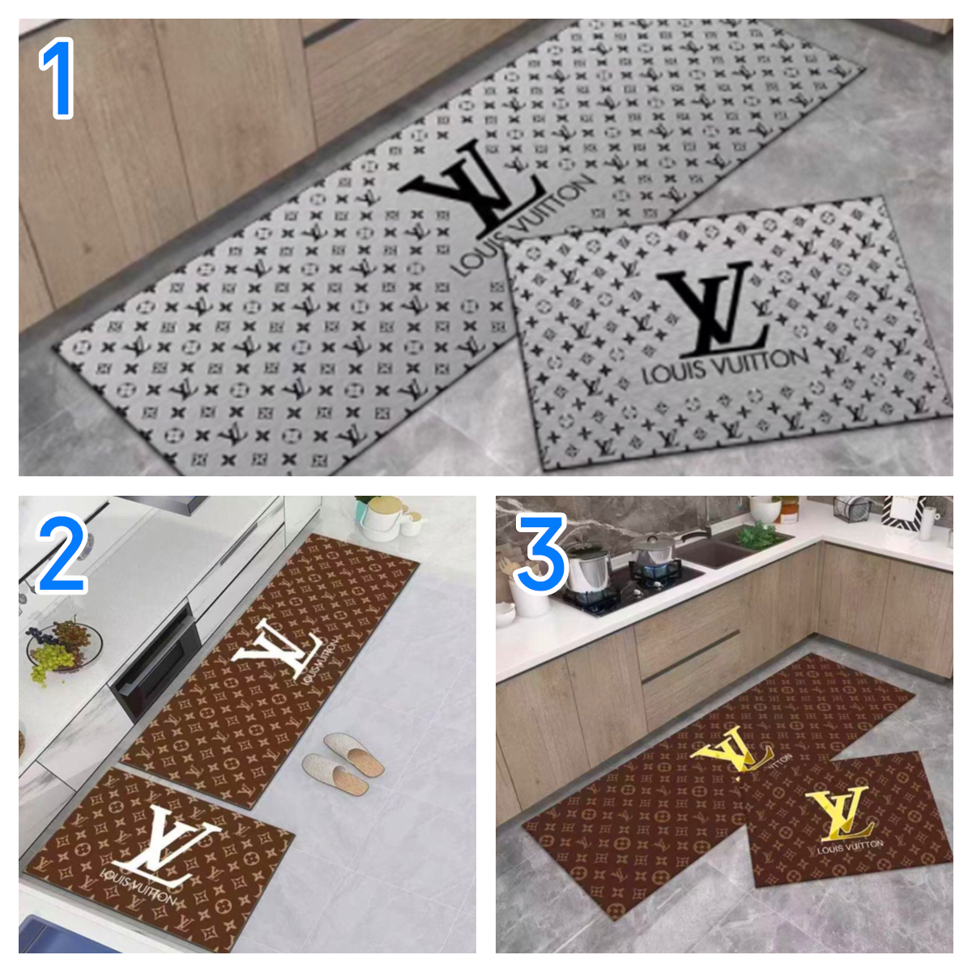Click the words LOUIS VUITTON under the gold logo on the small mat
(x=850, y=846)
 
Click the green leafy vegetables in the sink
(x=761, y=535)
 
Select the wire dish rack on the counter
(x=851, y=509)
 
